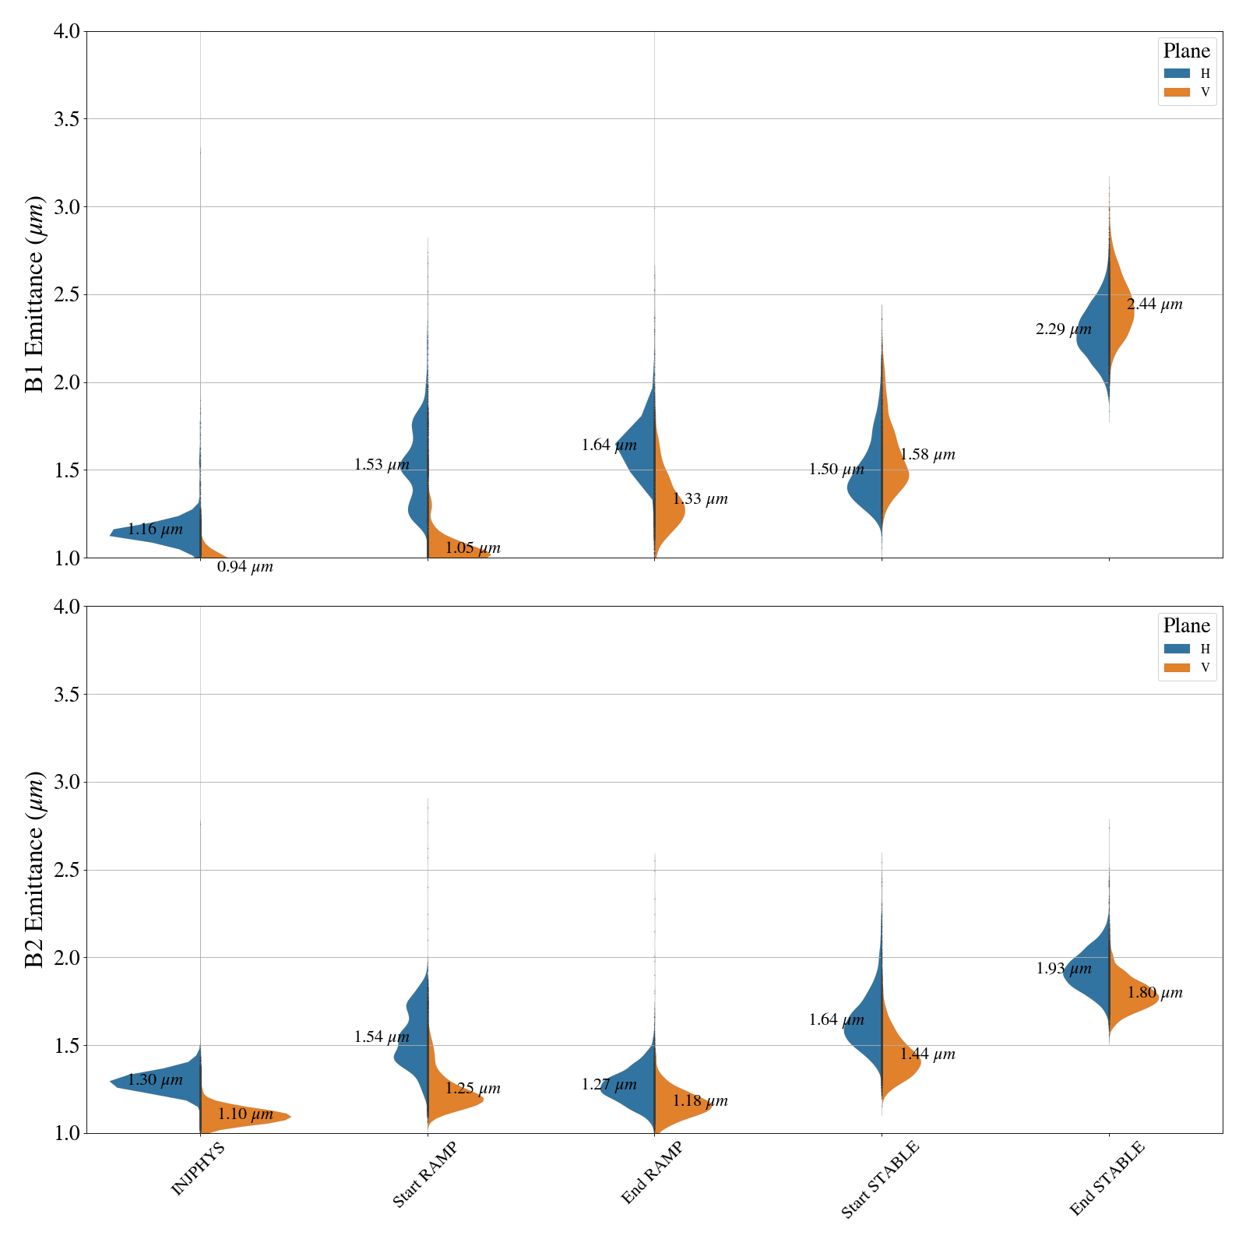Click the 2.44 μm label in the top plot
point(1154,304)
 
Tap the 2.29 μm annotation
point(1064,329)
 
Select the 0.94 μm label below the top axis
point(245,567)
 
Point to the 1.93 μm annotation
point(1064,970)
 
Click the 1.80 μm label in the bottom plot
point(1155,993)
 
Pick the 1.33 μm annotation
point(700,499)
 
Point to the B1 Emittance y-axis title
point(35,294)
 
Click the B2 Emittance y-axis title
point(35,869)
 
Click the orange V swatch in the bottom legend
point(1177,667)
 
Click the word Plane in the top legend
point(1186,51)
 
